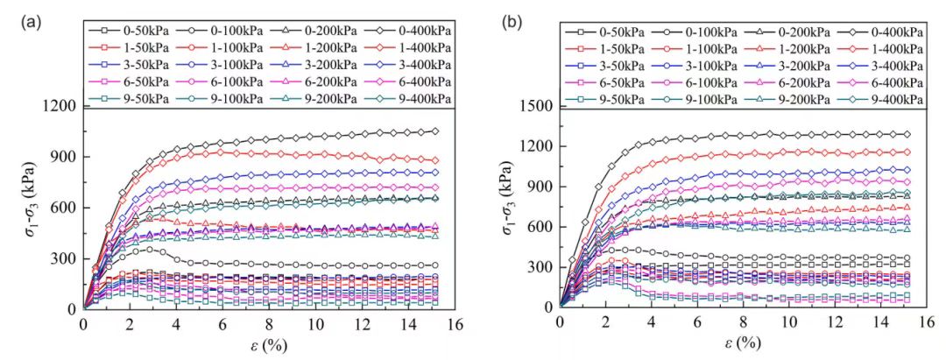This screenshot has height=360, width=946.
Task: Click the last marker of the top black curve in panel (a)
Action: (434, 131)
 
